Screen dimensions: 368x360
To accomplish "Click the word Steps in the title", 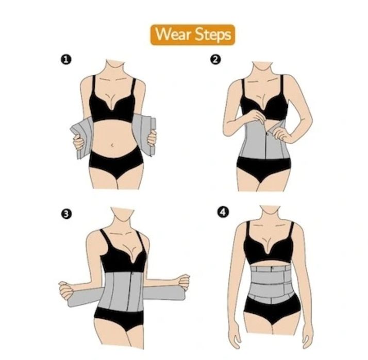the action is click(213, 35).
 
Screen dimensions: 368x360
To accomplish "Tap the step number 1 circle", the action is click(66, 60).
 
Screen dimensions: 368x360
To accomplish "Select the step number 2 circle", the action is click(215, 60).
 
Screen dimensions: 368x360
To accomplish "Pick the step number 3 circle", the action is click(66, 214).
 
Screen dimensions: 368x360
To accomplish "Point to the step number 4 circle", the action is click(223, 213).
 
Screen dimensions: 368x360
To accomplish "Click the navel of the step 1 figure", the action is click(113, 145).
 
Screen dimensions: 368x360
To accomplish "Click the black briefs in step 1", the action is click(116, 161).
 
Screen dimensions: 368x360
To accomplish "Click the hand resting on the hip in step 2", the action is click(282, 135).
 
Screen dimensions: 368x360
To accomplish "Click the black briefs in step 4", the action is click(272, 310).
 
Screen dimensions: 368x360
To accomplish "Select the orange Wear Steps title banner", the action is click(193, 35).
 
